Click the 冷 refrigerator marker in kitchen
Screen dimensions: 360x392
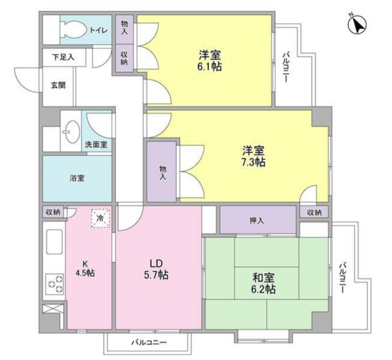pyautogui.click(x=100, y=220)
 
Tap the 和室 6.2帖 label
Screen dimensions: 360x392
pyautogui.click(x=262, y=283)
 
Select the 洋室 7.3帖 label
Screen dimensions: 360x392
pyautogui.click(x=253, y=156)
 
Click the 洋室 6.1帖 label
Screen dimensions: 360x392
pyautogui.click(x=210, y=60)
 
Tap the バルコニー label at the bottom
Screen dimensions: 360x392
pyautogui.click(x=149, y=342)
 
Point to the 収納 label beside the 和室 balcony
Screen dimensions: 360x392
pyautogui.click(x=315, y=212)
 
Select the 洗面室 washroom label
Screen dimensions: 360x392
pyautogui.click(x=95, y=144)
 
